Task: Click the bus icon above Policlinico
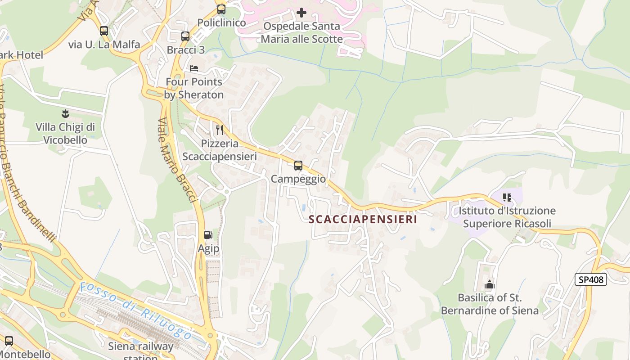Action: pyautogui.click(x=221, y=9)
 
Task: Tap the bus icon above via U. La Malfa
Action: pyautogui.click(x=104, y=31)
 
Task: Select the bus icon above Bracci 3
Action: pyautogui.click(x=185, y=36)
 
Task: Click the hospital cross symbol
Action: pyautogui.click(x=301, y=13)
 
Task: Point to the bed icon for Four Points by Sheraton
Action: pyautogui.click(x=194, y=68)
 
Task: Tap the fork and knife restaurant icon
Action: pyautogui.click(x=220, y=130)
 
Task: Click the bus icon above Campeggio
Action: pyautogui.click(x=298, y=166)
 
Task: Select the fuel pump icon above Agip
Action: pyautogui.click(x=208, y=234)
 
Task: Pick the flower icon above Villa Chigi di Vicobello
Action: pyautogui.click(x=66, y=113)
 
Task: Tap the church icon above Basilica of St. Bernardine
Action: pyautogui.click(x=490, y=284)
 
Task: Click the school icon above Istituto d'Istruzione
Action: pyautogui.click(x=507, y=197)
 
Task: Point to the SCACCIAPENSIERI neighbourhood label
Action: pyautogui.click(x=363, y=220)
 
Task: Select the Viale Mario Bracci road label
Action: pyautogui.click(x=177, y=160)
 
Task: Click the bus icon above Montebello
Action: pyautogui.click(x=9, y=341)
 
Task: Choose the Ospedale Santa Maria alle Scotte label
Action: pyautogui.click(x=301, y=32)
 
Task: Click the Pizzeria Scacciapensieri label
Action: pyautogui.click(x=220, y=150)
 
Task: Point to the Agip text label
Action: pyautogui.click(x=209, y=248)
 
